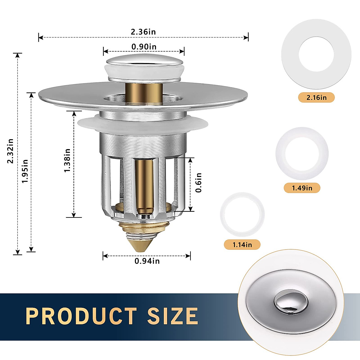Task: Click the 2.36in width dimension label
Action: [x=143, y=32]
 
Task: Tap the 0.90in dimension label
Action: [x=144, y=47]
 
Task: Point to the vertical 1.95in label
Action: [x=25, y=171]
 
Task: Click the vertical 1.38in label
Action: [x=67, y=160]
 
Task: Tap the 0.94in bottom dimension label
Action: [x=147, y=261]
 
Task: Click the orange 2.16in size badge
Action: [x=316, y=97]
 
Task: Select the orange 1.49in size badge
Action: [x=302, y=188]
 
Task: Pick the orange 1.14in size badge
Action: [x=242, y=244]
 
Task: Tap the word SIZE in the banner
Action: [x=172, y=316]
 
